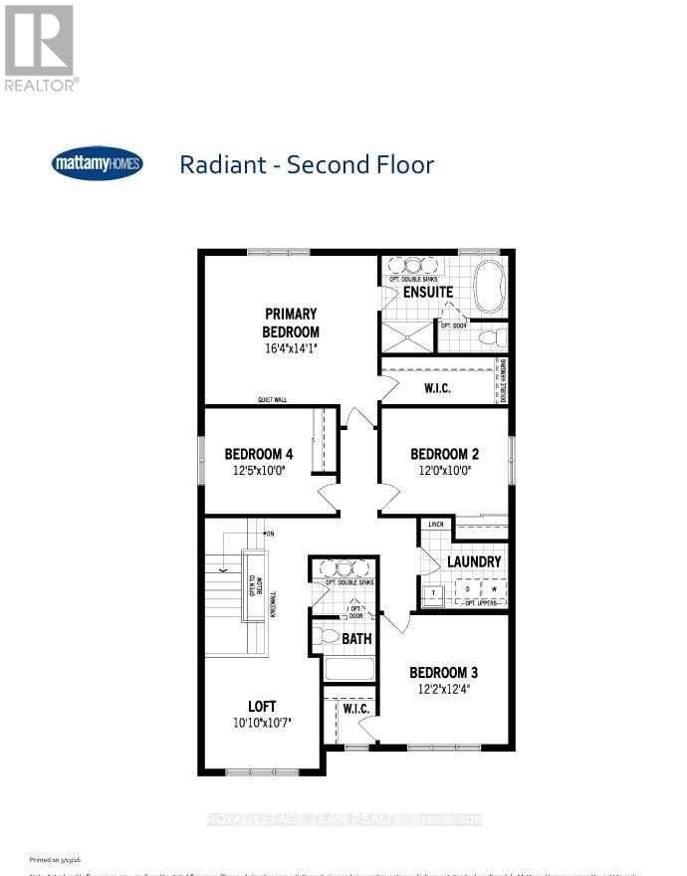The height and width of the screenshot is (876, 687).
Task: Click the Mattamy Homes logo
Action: coord(97,163)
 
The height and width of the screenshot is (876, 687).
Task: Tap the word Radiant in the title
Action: coord(228,164)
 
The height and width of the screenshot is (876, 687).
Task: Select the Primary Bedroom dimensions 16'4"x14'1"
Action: coord(291,349)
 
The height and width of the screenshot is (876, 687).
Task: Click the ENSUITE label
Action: coord(427,293)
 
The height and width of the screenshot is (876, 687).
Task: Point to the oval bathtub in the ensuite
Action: coord(491,287)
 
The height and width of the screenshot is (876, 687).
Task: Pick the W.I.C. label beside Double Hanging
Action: coord(437,388)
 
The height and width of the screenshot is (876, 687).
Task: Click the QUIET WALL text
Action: coord(272,400)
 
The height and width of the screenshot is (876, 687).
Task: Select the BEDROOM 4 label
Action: coord(258,454)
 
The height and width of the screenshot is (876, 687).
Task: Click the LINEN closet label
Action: coord(435,524)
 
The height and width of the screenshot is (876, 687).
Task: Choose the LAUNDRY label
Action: coord(474,561)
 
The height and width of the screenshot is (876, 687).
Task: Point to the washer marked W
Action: coord(493,589)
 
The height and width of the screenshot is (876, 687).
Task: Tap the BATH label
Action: coord(356,637)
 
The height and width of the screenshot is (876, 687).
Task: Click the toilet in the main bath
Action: coord(327,636)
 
